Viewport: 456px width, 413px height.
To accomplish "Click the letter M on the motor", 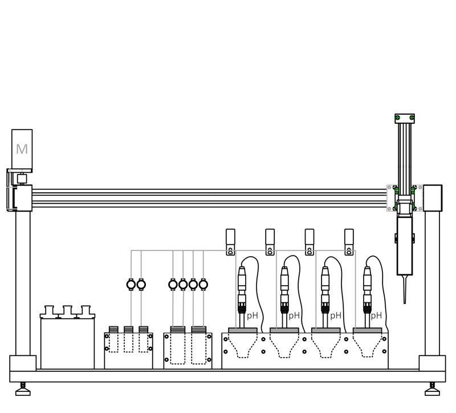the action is pyautogui.click(x=22, y=149).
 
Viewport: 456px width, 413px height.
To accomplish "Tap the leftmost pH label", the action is pyautogui.click(x=252, y=316).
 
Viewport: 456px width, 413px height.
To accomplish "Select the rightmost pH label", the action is pyautogui.click(x=376, y=316).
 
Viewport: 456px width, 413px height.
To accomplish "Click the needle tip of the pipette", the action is pyautogui.click(x=405, y=303).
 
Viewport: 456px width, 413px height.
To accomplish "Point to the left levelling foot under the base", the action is pyautogui.click(x=23, y=390).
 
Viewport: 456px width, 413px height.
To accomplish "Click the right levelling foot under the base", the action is pyautogui.click(x=432, y=390).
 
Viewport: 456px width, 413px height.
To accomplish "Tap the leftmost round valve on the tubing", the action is pyautogui.click(x=131, y=284).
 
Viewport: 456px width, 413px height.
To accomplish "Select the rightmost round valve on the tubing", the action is pyautogui.click(x=203, y=284).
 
